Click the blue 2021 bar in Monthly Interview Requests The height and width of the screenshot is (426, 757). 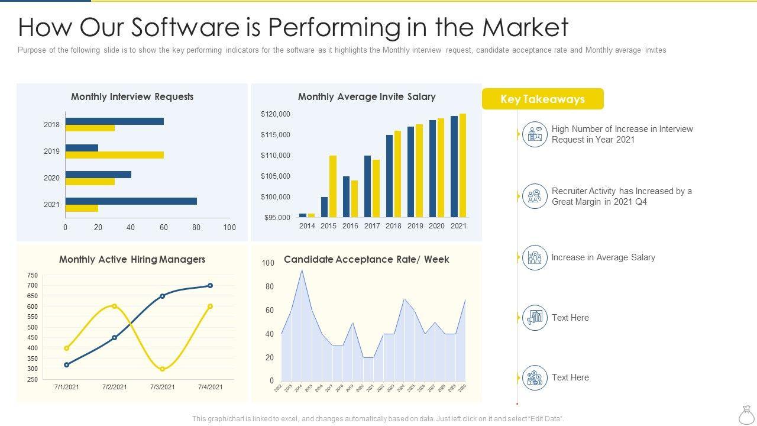[x=131, y=201]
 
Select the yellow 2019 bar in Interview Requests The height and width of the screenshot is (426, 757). [x=114, y=155]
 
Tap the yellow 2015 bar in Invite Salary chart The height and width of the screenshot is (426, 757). [x=333, y=186]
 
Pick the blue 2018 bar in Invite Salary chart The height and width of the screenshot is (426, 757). [x=389, y=176]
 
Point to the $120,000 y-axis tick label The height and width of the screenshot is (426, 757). [x=276, y=114]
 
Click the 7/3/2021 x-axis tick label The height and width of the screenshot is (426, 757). [x=163, y=388]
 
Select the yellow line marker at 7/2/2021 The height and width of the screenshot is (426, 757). [x=114, y=306]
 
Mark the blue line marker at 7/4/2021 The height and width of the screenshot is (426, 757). [x=210, y=286]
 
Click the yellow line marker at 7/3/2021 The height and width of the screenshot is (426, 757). [x=163, y=369]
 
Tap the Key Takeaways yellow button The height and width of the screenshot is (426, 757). [x=542, y=99]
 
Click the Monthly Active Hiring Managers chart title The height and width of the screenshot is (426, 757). [x=132, y=259]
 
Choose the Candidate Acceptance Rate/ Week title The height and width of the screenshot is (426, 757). [x=366, y=259]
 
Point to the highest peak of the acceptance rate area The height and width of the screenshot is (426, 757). [x=302, y=270]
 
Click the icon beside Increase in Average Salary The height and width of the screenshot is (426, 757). [x=535, y=258]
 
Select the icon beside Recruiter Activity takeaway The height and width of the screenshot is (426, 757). [x=535, y=196]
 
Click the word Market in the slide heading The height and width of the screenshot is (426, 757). [x=525, y=27]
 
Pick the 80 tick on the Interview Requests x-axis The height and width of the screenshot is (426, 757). [x=196, y=227]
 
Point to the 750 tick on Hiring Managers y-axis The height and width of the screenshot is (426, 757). [x=32, y=275]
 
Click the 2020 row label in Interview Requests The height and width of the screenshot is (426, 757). [x=51, y=177]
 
